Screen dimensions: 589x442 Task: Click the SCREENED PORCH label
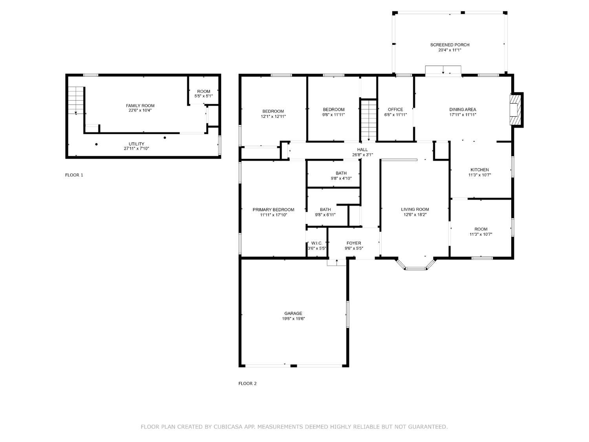pos(450,45)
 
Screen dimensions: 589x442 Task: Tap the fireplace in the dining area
pos(516,110)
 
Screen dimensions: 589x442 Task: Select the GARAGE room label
pos(293,313)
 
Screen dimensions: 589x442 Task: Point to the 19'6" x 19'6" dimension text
pos(293,319)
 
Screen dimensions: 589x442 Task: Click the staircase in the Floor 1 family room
pos(76,100)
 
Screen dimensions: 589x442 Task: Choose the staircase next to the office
pos(368,120)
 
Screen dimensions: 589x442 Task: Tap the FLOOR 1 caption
pos(74,175)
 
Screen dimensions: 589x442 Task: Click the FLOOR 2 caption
pos(247,383)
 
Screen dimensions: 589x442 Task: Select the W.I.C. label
pos(316,243)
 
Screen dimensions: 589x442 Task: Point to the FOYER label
pos(354,243)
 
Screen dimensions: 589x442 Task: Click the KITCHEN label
pos(479,170)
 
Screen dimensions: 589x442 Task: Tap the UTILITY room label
pos(136,144)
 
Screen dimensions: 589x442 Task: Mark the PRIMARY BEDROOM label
pos(273,209)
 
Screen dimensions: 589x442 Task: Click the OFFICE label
pos(395,110)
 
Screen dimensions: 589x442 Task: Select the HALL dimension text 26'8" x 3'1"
pos(362,155)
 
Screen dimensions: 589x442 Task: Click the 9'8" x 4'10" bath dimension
pos(341,178)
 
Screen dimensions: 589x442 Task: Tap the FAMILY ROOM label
pos(140,106)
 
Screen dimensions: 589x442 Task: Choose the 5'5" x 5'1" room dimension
pos(203,96)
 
